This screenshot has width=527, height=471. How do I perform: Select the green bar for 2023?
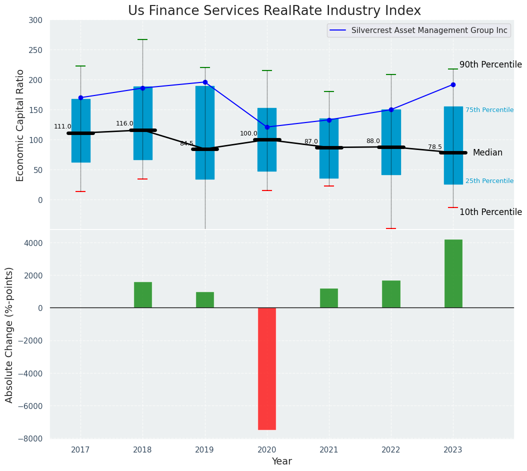tap(453, 273)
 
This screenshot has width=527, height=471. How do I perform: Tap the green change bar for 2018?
tap(142, 295)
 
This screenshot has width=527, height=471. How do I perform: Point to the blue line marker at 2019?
tap(205, 82)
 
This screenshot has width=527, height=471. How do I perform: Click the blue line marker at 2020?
tap(267, 127)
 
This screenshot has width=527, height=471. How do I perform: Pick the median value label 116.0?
tap(124, 123)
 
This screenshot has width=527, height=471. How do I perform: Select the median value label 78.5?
tap(435, 147)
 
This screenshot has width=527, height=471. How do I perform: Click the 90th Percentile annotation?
tap(490, 64)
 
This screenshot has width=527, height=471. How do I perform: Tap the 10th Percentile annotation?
tap(490, 212)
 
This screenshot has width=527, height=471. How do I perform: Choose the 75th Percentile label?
tap(489, 110)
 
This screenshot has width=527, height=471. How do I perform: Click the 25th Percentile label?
tap(489, 181)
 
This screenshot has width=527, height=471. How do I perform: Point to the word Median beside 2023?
tap(487, 152)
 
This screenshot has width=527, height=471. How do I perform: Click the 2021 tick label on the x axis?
tap(329, 450)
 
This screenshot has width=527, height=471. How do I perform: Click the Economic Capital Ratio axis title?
tap(20, 125)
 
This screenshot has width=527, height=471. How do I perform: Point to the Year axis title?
tap(282, 461)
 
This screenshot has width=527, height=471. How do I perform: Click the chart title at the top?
tap(274, 10)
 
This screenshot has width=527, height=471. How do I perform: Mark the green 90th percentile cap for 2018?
tap(142, 39)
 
